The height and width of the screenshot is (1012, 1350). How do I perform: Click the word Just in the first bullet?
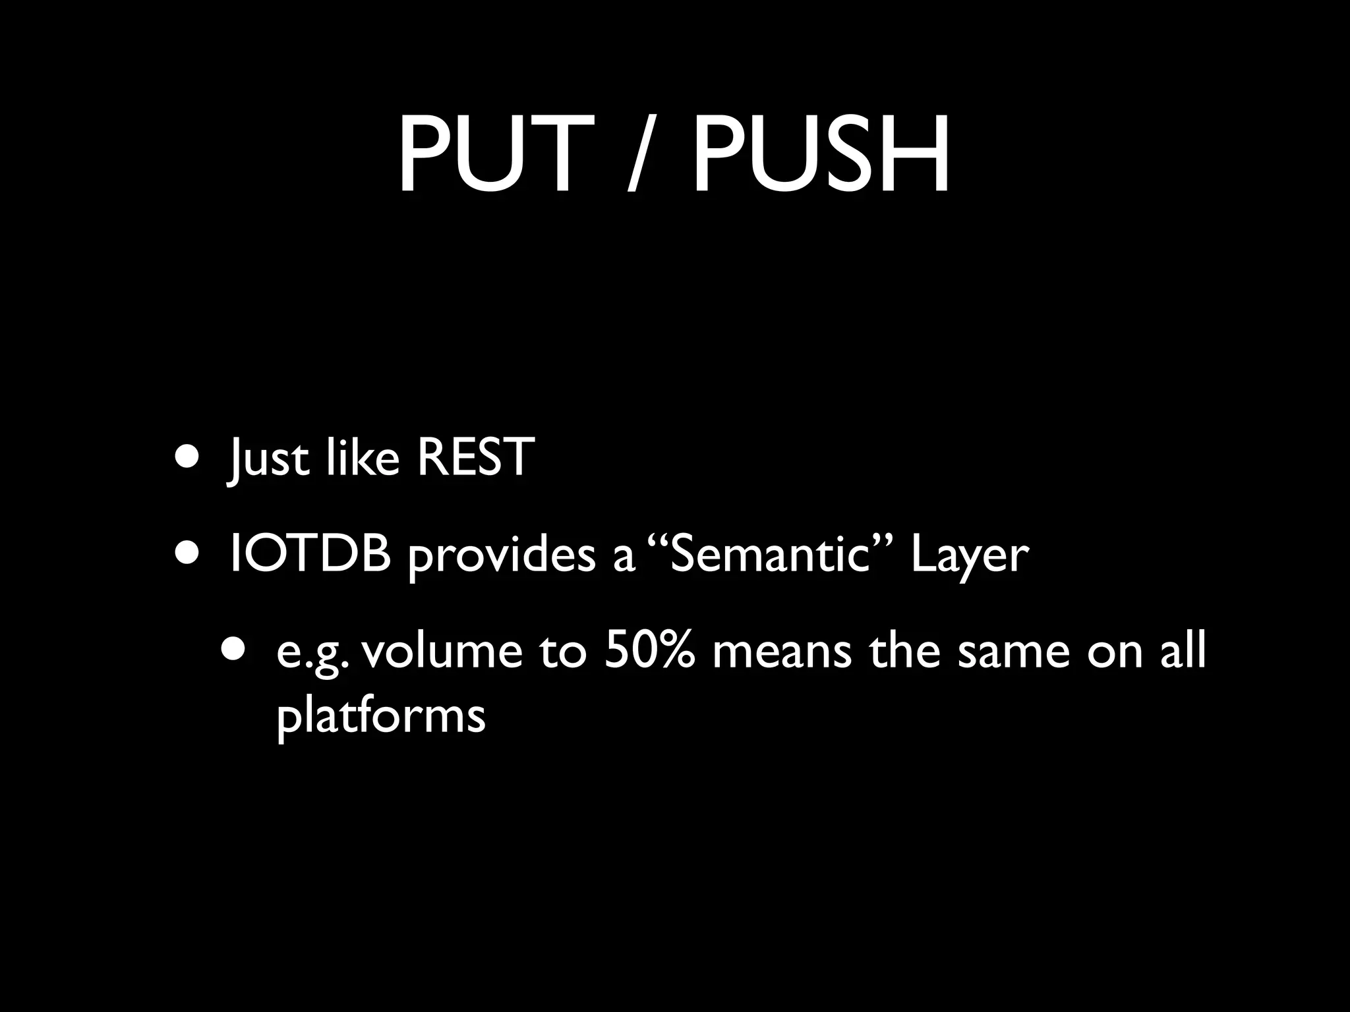pos(268,458)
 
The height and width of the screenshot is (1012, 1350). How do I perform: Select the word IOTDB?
pos(310,553)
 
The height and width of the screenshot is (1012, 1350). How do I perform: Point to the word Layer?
pos(969,557)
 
